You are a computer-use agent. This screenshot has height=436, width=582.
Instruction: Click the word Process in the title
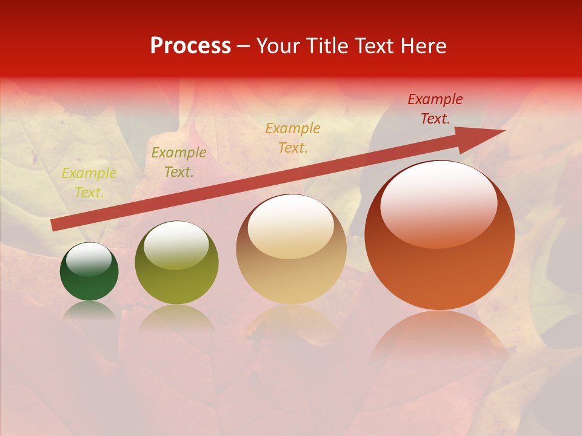tap(190, 46)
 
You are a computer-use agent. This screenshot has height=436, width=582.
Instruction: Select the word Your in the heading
tap(278, 46)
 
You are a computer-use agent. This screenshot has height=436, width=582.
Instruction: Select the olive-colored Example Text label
tap(179, 162)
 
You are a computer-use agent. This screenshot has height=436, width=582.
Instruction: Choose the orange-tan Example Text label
tap(293, 137)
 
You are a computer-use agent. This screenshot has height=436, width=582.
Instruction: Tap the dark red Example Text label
tap(435, 109)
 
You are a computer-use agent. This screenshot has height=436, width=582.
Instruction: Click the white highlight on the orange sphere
tap(438, 203)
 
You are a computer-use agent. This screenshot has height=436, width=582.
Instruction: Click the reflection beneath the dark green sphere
tap(89, 310)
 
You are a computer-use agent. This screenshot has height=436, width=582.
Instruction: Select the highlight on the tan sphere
tap(291, 227)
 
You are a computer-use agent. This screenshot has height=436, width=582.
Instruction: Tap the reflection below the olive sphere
tap(176, 316)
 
